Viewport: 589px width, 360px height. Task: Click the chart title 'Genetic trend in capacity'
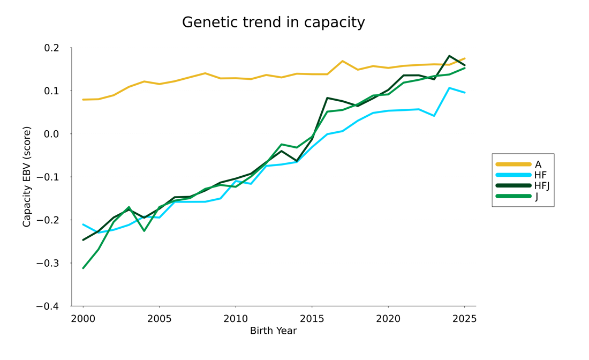click(x=273, y=22)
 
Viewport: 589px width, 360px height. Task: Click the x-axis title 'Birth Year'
click(x=273, y=331)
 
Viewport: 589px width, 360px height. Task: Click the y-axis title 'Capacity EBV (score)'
click(x=27, y=177)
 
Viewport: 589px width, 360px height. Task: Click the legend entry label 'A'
click(x=538, y=164)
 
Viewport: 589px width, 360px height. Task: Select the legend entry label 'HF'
click(x=540, y=175)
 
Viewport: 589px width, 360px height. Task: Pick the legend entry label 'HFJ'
click(x=542, y=186)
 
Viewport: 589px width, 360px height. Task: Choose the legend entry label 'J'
click(x=537, y=197)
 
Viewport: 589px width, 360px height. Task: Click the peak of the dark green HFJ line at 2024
click(x=449, y=56)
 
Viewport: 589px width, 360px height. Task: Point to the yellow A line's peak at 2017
click(x=342, y=61)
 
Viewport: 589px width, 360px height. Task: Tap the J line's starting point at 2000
click(x=83, y=268)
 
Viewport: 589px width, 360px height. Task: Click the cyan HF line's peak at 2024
click(x=449, y=88)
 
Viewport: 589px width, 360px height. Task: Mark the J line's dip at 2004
click(x=144, y=230)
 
